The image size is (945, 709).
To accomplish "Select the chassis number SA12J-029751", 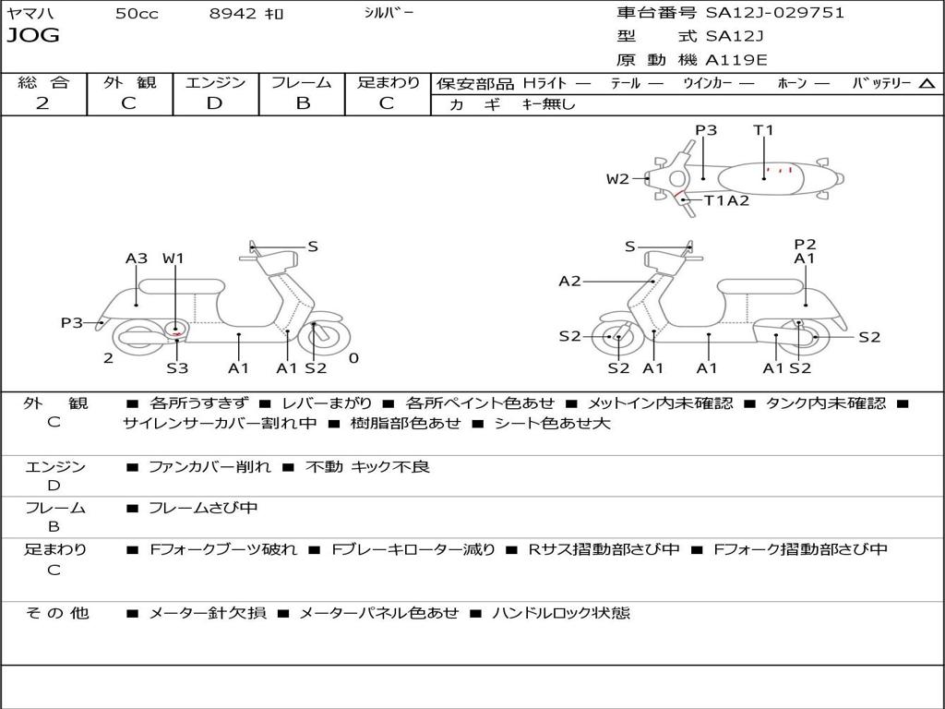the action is tap(774, 13).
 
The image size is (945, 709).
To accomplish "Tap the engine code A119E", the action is tap(736, 60).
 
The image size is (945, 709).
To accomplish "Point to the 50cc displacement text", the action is tap(137, 14).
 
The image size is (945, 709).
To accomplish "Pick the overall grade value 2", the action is tap(42, 103).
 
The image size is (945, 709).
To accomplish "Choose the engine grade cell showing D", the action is tap(215, 103).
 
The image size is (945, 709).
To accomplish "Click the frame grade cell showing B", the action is tap(302, 103).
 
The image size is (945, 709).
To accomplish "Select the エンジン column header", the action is tap(215, 82).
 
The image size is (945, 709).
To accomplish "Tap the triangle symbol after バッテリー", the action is tap(927, 83).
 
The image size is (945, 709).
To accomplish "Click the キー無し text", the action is tap(548, 104).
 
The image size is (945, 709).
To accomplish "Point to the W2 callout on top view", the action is tap(617, 179).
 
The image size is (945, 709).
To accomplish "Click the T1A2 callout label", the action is tap(726, 200).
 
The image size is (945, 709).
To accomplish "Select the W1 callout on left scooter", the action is tap(173, 258).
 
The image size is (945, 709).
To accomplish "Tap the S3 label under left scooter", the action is tap(177, 368).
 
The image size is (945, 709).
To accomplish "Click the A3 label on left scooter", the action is tap(137, 258).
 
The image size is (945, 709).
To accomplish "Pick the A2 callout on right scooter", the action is tap(569, 281).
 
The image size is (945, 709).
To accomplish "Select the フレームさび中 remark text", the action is tap(203, 508).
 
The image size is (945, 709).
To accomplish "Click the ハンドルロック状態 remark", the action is tap(561, 612).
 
